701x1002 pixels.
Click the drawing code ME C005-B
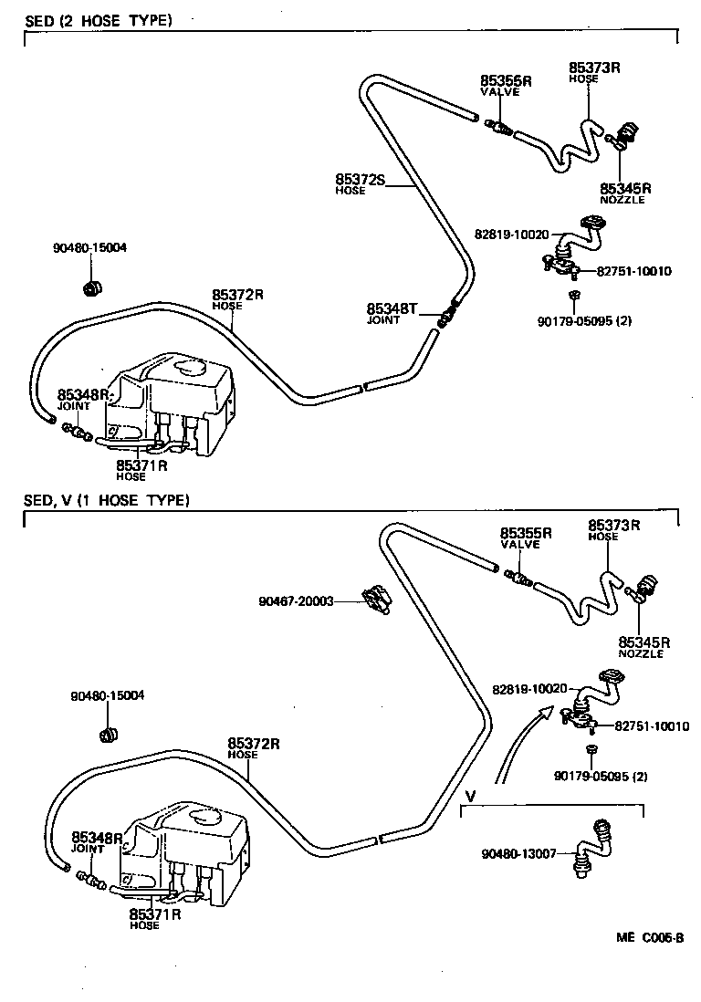649,937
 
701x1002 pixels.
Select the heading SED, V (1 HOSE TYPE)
107,500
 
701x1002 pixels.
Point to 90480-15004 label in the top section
90,247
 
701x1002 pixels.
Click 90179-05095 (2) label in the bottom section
600,777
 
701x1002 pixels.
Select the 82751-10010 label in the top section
633,271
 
